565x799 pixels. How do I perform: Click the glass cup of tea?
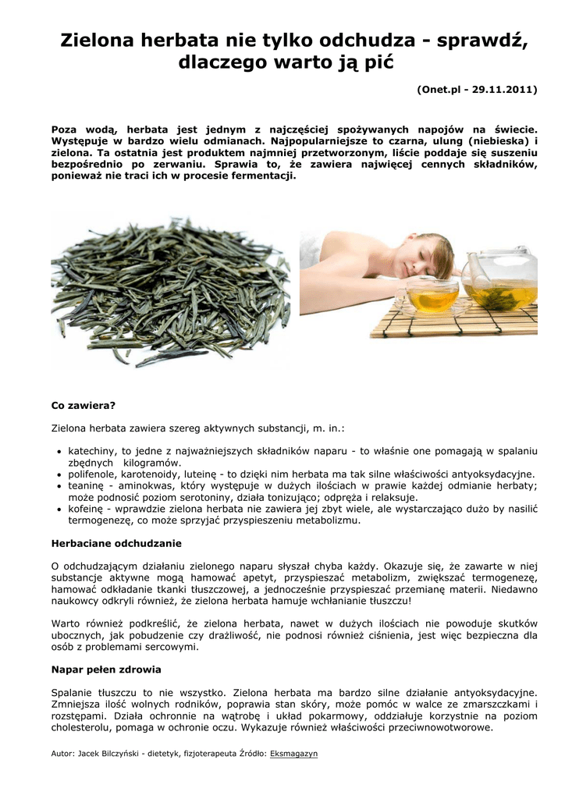(432, 295)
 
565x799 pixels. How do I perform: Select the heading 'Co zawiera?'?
(83, 406)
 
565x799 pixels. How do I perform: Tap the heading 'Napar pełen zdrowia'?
(105, 669)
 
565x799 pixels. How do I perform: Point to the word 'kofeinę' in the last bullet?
(87, 508)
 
